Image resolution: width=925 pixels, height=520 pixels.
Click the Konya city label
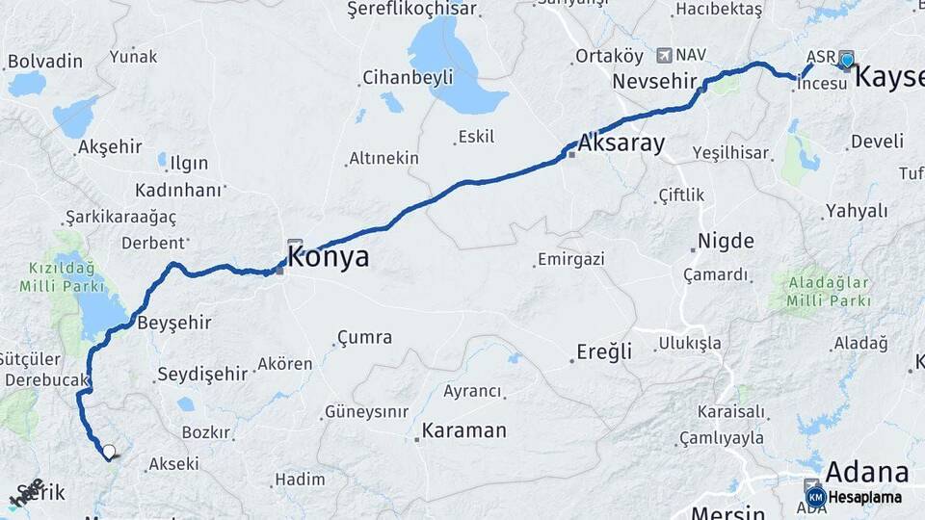click(x=328, y=257)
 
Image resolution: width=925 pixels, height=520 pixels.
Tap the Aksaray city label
click(x=621, y=143)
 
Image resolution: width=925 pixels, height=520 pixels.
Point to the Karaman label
click(x=463, y=430)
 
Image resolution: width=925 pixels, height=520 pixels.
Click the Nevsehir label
click(x=654, y=81)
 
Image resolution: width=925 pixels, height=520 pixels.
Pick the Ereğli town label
click(x=604, y=351)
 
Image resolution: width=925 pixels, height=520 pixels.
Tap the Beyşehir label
click(x=174, y=322)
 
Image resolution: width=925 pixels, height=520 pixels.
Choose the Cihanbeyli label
click(x=408, y=78)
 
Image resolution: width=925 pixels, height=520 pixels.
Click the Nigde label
click(x=726, y=241)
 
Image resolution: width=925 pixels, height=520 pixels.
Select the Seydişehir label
click(x=202, y=374)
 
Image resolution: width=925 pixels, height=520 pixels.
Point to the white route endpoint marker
click(x=109, y=451)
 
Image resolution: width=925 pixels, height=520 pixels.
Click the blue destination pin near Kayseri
click(x=847, y=61)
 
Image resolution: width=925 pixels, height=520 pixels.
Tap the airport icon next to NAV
click(x=664, y=56)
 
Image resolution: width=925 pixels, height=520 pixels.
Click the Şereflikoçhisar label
click(x=412, y=9)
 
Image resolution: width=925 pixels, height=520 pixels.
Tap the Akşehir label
click(x=110, y=147)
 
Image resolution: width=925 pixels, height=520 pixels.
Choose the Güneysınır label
click(x=367, y=412)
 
